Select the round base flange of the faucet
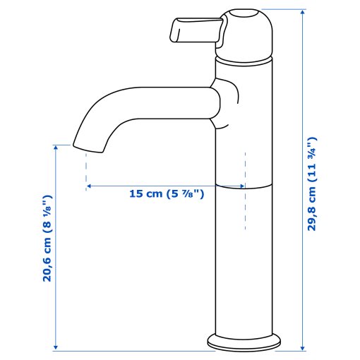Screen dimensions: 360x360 243,344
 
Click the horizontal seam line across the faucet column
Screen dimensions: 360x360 243,187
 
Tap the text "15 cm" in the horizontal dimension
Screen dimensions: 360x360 145,193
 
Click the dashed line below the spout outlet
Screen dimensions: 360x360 85,169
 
